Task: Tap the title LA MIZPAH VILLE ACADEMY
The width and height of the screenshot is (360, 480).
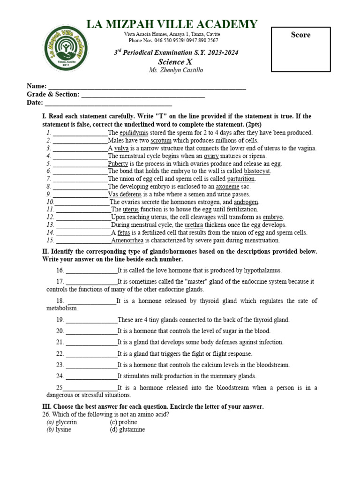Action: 172,24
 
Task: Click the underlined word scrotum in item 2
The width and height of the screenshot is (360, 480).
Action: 161,141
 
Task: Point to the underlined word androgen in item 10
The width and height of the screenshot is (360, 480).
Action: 246,202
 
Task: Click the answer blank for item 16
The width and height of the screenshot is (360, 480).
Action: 91,271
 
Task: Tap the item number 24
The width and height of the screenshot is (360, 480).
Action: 60,376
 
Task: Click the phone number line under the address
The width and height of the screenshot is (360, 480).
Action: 173,41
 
